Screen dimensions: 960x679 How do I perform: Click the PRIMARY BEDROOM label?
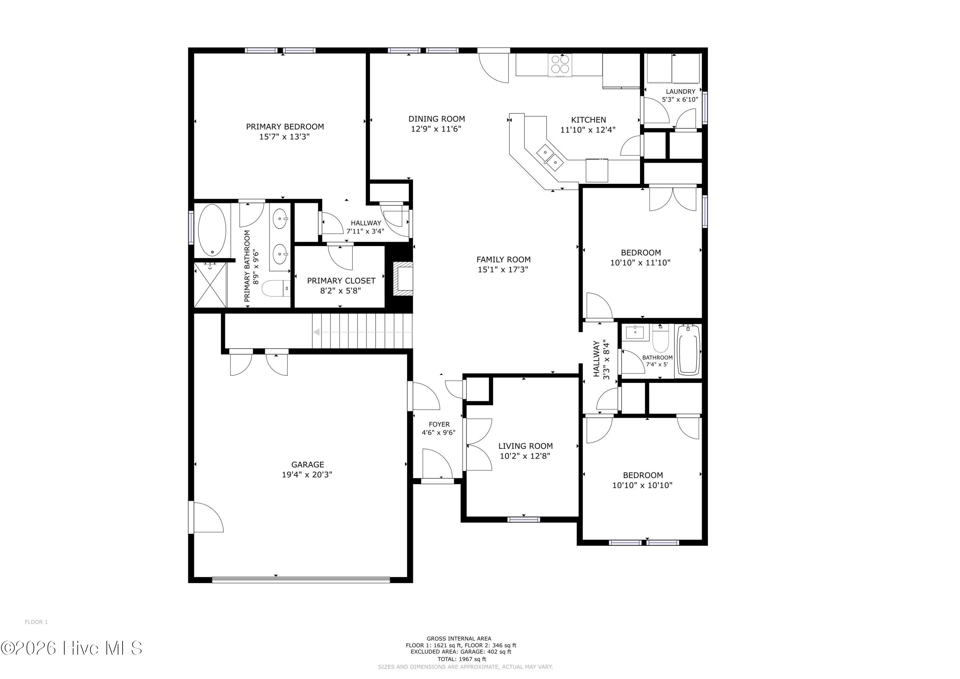[285, 126]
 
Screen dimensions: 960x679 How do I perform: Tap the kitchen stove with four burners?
[560, 65]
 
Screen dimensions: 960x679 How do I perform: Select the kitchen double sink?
[550, 157]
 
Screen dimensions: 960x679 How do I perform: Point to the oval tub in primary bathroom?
[212, 230]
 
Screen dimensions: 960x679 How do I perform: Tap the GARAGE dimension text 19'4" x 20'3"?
[307, 474]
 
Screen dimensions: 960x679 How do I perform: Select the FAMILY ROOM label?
[503, 259]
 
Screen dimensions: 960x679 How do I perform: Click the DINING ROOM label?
[436, 119]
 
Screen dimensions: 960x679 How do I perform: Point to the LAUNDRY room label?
[680, 91]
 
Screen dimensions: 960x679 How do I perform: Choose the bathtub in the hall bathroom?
[688, 350]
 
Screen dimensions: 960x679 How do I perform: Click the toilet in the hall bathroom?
[660, 338]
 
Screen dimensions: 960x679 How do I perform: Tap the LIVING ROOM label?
[525, 446]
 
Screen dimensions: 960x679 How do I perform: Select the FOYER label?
[439, 424]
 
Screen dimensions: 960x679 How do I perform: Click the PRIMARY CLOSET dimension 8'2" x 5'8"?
[340, 290]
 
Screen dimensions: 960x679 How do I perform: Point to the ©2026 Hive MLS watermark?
[71, 648]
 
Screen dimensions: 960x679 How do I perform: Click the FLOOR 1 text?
[36, 622]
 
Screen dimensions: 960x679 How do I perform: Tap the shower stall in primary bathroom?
[211, 285]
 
